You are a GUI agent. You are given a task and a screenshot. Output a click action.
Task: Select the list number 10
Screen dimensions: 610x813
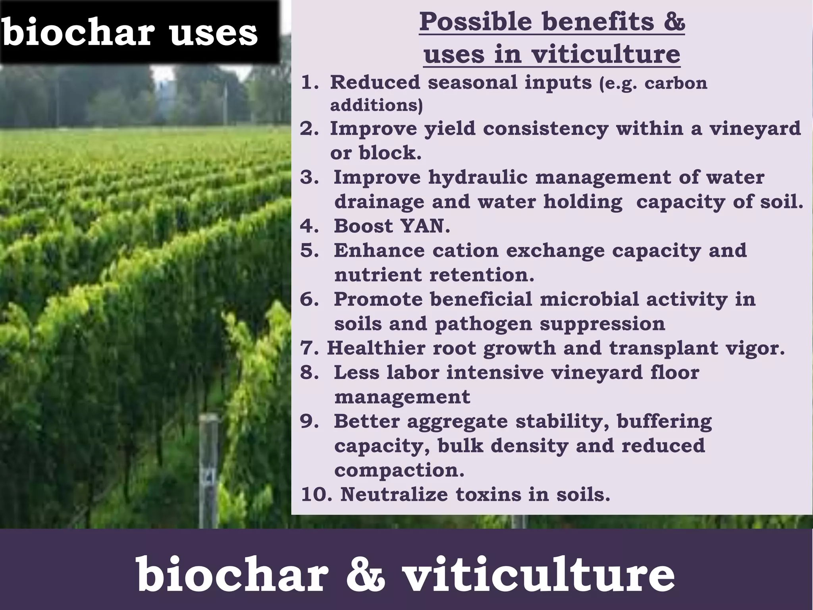click(316, 494)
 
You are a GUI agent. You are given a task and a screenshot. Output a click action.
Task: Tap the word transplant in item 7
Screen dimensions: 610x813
click(663, 348)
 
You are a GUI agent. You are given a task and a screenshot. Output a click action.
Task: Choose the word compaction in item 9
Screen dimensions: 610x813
click(399, 471)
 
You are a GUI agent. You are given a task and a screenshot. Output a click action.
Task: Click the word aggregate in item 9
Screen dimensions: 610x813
click(457, 421)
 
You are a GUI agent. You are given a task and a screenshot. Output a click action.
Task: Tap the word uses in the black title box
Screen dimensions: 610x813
click(214, 33)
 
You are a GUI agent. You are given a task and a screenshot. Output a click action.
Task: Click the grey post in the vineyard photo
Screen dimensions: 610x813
click(208, 469)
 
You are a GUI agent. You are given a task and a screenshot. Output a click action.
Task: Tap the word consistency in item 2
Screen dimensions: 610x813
click(545, 128)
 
